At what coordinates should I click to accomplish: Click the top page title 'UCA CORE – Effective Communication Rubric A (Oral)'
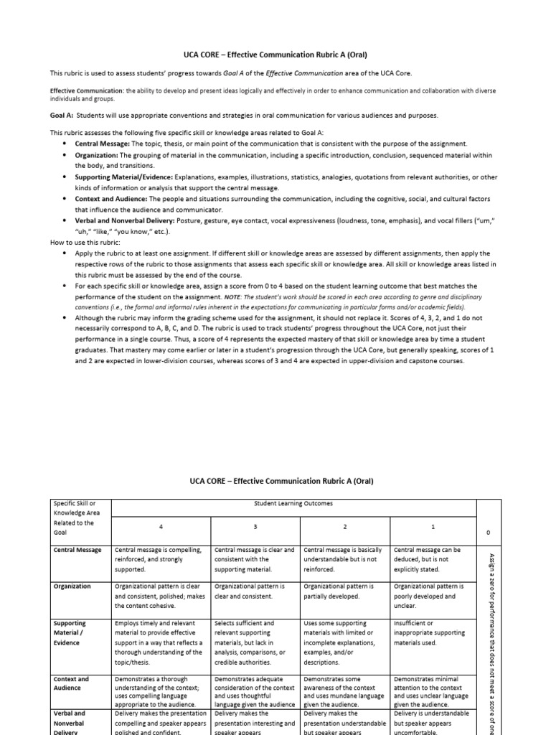[x=275, y=54]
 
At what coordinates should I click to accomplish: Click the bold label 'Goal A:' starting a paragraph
[x=62, y=116]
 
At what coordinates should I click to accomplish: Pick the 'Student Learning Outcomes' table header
[x=293, y=504]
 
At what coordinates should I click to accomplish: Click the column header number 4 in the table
[x=161, y=527]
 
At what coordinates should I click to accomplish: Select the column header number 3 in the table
[x=255, y=527]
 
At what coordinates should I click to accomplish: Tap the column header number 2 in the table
[x=344, y=527]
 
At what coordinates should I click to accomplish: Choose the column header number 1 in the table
[x=433, y=527]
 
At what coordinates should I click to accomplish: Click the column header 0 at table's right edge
[x=488, y=533]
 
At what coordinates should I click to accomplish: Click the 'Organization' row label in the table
[x=72, y=586]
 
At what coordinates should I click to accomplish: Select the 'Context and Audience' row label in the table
[x=72, y=683]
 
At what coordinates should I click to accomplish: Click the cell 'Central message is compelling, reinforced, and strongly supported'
[x=159, y=560]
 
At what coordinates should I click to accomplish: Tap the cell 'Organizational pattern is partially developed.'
[x=339, y=591]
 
